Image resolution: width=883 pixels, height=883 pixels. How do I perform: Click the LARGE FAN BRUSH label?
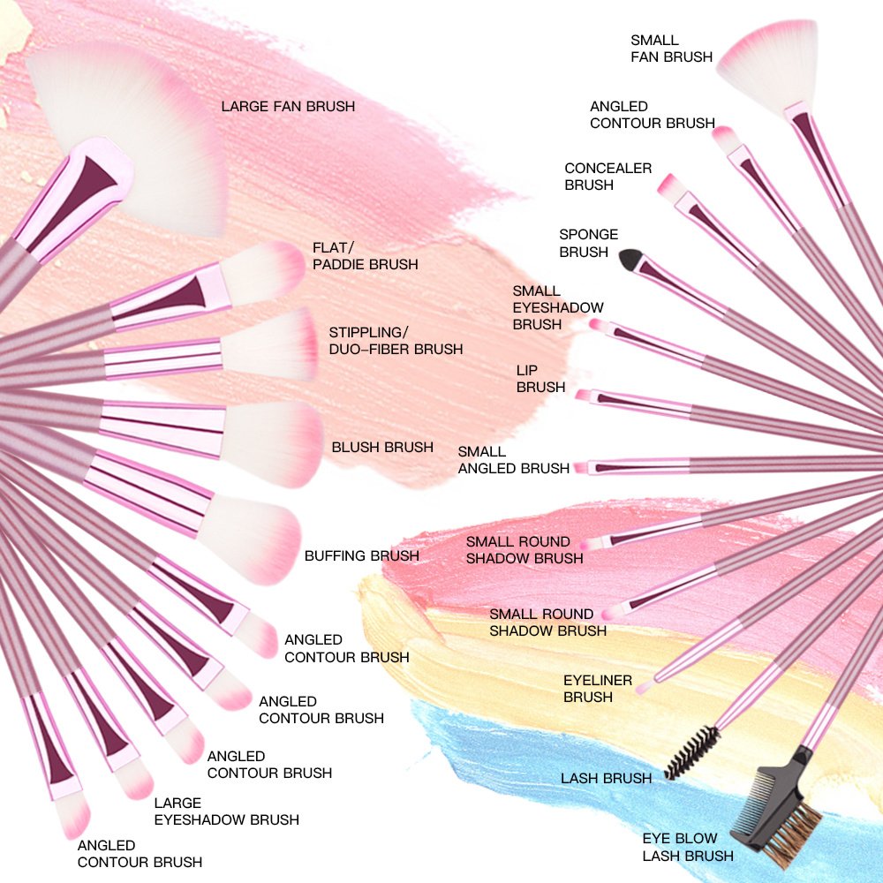point(288,106)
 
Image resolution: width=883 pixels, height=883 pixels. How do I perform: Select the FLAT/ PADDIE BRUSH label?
point(365,255)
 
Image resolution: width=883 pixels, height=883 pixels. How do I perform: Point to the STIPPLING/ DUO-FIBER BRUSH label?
point(396,340)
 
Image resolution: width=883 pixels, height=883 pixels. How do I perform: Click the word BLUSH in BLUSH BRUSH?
point(355,447)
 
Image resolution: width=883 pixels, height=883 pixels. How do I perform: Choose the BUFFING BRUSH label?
point(361,555)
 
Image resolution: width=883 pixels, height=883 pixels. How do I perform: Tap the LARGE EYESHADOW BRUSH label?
point(226,811)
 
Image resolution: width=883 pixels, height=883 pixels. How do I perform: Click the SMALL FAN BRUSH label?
point(671,49)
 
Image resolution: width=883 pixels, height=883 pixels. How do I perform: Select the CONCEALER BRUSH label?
point(608,176)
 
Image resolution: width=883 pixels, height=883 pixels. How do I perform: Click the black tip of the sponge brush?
point(629,258)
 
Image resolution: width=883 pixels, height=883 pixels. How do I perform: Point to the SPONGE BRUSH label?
point(588,243)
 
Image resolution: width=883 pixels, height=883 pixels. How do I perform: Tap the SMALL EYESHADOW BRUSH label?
point(558,307)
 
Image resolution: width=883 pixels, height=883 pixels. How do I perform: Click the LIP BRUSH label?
point(540,378)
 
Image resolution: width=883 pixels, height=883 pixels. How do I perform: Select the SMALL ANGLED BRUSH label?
point(513,460)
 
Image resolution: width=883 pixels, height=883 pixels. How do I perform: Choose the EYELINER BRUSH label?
point(598,688)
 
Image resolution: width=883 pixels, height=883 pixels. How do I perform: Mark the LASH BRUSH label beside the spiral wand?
point(606,778)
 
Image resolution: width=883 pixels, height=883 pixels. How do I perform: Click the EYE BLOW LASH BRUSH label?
point(687,846)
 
